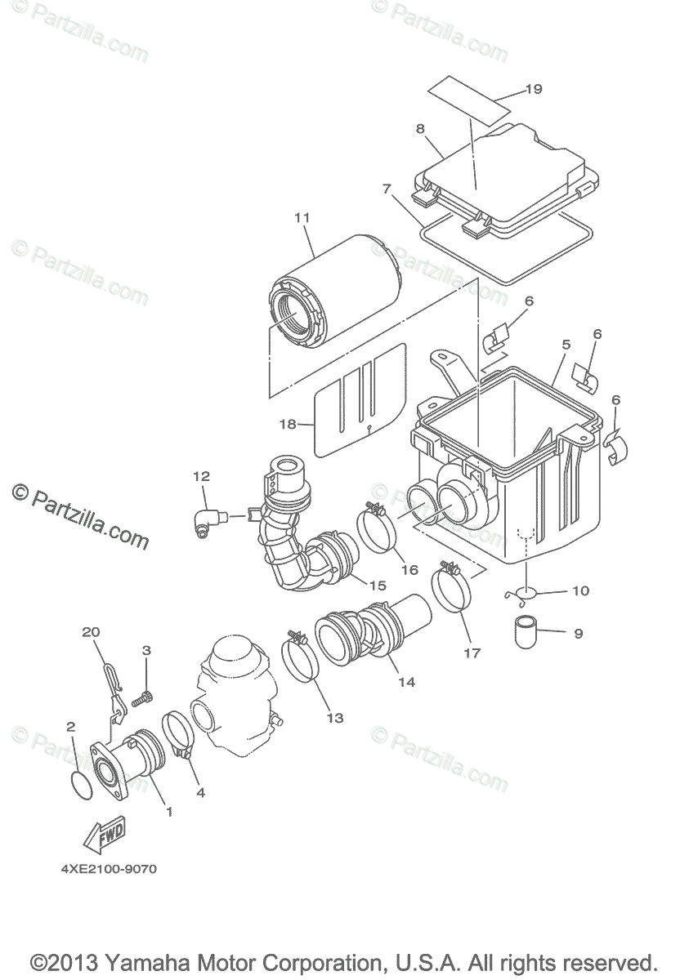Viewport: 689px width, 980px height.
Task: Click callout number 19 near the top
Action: pyautogui.click(x=533, y=89)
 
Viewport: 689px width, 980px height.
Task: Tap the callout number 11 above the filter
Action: pyautogui.click(x=302, y=218)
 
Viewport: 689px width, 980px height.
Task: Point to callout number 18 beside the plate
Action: pyautogui.click(x=287, y=424)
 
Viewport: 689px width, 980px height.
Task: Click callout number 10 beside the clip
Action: pyautogui.click(x=579, y=590)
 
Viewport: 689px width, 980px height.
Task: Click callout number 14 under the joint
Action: pyautogui.click(x=406, y=682)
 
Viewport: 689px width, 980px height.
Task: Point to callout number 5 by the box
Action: pyautogui.click(x=566, y=345)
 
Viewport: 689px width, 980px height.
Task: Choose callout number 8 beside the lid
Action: pyautogui.click(x=420, y=129)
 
